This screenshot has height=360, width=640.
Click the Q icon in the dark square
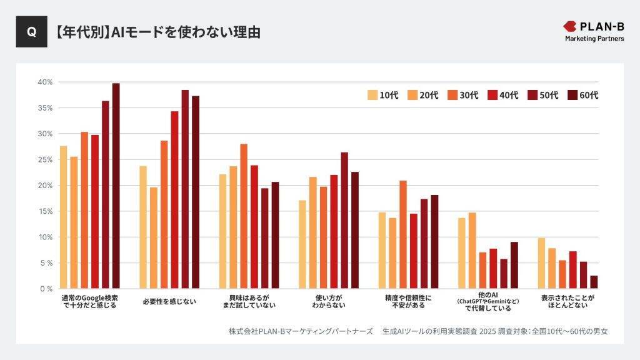[x=31, y=32]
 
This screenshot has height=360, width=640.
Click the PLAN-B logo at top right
[x=594, y=31]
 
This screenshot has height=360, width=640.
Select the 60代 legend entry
[x=582, y=95]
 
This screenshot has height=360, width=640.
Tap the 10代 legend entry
[x=382, y=95]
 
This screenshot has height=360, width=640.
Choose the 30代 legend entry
[x=462, y=95]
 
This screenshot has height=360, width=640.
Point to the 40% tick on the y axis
[x=45, y=82]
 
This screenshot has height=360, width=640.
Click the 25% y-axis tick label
[x=45, y=159]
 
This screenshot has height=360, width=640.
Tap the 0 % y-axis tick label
[x=45, y=289]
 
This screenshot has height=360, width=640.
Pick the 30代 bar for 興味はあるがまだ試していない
[x=244, y=216]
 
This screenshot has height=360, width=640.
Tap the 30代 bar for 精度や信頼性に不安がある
[x=403, y=234]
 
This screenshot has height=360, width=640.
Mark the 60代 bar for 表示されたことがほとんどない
[x=594, y=282]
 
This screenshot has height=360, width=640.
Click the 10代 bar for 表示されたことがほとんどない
[x=541, y=263]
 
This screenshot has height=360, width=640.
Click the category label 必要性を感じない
[x=169, y=301]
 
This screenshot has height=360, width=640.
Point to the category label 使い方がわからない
[x=329, y=301]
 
